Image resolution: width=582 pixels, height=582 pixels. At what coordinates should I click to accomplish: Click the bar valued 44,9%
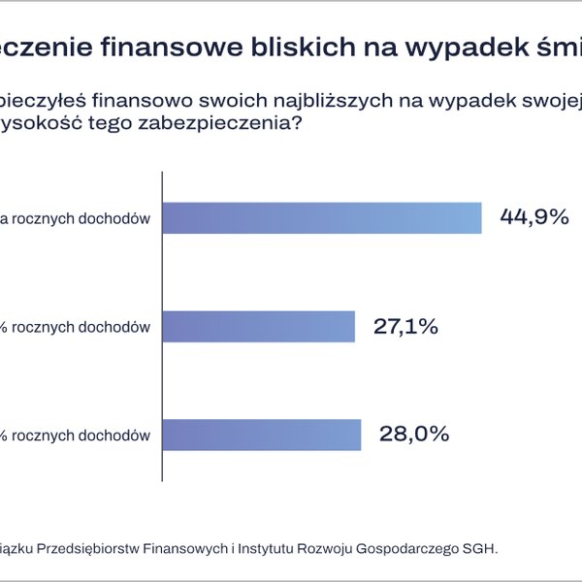coord(321,218)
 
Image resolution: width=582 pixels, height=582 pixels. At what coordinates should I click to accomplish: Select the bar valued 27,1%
coord(258,327)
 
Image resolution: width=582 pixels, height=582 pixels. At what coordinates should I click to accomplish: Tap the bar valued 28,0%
coord(261,435)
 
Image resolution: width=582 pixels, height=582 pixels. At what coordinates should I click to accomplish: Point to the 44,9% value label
coord(533,217)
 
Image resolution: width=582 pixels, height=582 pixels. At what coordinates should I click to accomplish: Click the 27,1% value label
coord(406,327)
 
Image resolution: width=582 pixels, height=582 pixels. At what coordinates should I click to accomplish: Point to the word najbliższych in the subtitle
coord(309,101)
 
